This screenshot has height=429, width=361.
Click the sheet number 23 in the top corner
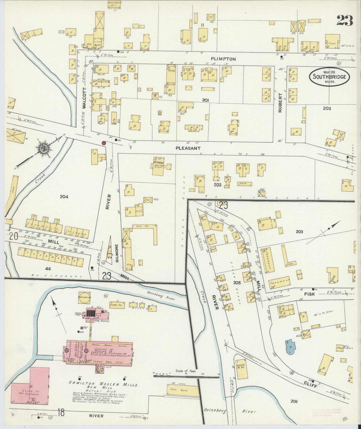(x=345, y=21)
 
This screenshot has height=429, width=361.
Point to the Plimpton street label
(x=223, y=59)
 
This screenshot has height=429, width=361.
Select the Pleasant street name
(x=188, y=148)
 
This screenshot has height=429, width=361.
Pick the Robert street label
(x=280, y=103)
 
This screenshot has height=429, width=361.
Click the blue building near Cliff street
(x=291, y=347)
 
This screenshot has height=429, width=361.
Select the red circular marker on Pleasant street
(x=103, y=143)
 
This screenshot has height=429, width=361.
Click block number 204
(x=64, y=197)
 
